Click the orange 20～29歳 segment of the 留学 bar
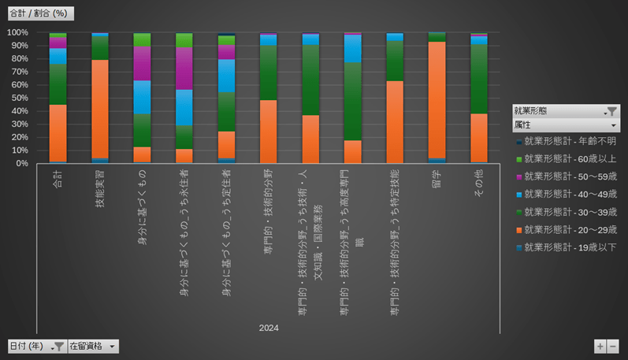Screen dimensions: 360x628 click(x=437, y=98)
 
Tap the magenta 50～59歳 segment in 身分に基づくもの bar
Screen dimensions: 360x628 click(x=142, y=63)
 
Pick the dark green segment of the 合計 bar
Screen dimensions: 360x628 click(x=58, y=84)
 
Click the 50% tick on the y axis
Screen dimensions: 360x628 click(x=18, y=98)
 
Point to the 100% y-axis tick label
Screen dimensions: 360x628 click(x=17, y=32)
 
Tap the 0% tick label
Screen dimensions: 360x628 click(x=21, y=163)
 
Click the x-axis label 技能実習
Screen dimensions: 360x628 click(x=100, y=187)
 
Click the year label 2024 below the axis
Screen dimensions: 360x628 click(x=269, y=328)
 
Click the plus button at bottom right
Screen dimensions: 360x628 click(x=600, y=346)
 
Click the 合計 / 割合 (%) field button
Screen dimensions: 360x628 click(x=36, y=13)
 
